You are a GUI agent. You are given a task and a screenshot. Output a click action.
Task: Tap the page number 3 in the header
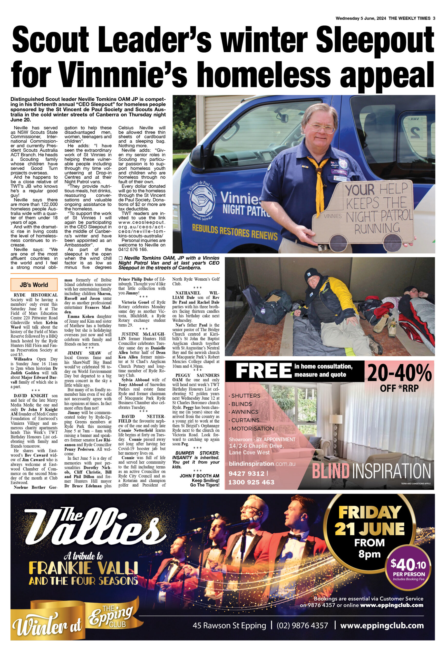434,18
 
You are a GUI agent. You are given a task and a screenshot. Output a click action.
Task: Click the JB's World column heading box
34,285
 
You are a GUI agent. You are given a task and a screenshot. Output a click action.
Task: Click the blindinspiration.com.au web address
262,464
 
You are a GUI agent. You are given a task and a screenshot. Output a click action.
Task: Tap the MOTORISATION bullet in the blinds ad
253,429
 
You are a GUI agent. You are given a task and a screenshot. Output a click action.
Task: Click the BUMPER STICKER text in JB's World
197,453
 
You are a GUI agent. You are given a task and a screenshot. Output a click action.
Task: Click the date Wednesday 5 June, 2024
361,18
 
